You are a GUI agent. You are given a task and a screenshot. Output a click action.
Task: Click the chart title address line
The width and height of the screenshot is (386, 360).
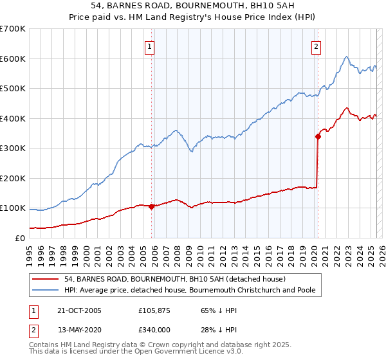click(x=192, y=6)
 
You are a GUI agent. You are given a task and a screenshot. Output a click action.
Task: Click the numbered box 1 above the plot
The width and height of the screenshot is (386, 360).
click(x=149, y=46)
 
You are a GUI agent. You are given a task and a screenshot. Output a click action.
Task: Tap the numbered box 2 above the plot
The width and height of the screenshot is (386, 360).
click(x=317, y=46)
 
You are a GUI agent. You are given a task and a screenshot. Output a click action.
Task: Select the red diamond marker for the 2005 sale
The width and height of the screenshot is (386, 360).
click(x=152, y=206)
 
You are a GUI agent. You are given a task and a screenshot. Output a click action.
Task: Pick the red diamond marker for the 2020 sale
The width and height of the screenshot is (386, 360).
click(x=318, y=136)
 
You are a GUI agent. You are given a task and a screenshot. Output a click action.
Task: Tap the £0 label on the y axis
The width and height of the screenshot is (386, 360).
click(x=20, y=238)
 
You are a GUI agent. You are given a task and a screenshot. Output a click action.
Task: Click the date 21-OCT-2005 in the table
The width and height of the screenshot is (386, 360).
click(x=80, y=310)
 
